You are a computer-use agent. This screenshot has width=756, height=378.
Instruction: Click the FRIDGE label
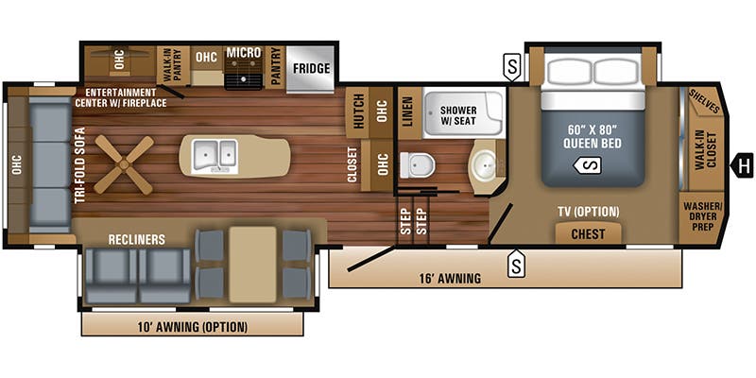310,68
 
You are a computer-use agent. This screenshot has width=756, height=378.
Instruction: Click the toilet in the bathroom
416,164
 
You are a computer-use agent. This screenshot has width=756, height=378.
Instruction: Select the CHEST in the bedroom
588,233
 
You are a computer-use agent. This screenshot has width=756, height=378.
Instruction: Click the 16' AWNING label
450,278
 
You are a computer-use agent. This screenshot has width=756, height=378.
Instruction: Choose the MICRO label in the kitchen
243,53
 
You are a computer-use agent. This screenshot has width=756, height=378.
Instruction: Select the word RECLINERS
136,239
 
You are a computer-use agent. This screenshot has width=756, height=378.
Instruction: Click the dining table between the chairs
252,262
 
